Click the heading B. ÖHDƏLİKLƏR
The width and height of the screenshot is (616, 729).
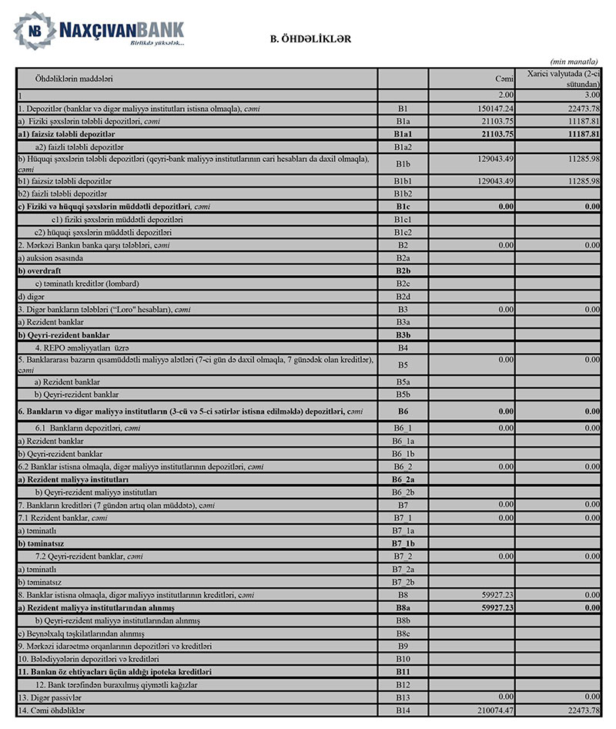tap(310, 38)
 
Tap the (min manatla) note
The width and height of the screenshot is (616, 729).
tap(575, 62)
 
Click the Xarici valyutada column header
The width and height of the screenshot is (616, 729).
tap(563, 78)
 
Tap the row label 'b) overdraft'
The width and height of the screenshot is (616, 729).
tap(42, 270)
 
